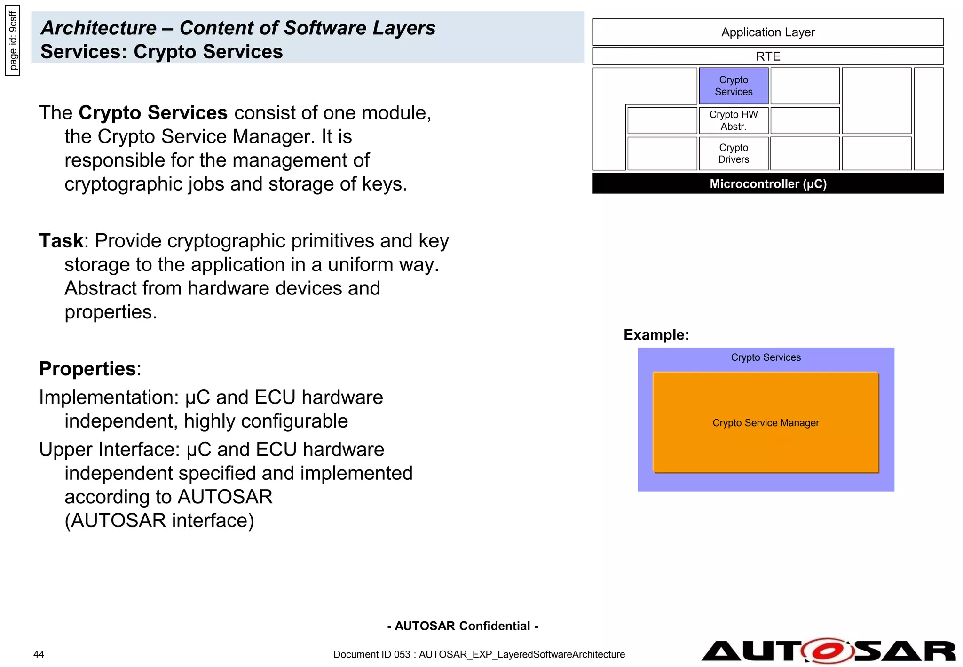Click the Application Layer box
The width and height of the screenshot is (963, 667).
tap(767, 32)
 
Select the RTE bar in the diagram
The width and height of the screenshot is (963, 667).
tap(767, 56)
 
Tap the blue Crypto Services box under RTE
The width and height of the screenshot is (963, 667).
tap(733, 86)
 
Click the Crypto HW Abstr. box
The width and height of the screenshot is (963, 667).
tap(733, 120)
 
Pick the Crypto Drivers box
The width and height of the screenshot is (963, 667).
tap(733, 153)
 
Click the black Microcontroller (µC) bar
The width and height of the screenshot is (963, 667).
tap(767, 183)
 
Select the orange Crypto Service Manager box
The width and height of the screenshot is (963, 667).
tap(765, 422)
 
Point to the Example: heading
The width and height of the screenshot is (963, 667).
tap(656, 334)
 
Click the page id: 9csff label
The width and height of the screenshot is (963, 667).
tap(13, 40)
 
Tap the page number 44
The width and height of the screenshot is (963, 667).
tap(39, 654)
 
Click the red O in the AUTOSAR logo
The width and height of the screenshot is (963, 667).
tap(827, 651)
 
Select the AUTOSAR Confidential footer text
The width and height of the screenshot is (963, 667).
tap(463, 626)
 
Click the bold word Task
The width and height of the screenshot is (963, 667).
tap(61, 241)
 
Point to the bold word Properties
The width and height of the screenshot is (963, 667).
tap(88, 369)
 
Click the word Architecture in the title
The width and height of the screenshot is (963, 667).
tap(99, 28)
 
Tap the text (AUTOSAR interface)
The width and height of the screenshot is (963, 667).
tap(159, 521)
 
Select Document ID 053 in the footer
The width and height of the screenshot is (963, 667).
tap(371, 654)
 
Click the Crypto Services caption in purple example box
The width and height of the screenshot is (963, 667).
tap(765, 357)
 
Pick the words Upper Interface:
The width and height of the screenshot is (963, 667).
tap(110, 450)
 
